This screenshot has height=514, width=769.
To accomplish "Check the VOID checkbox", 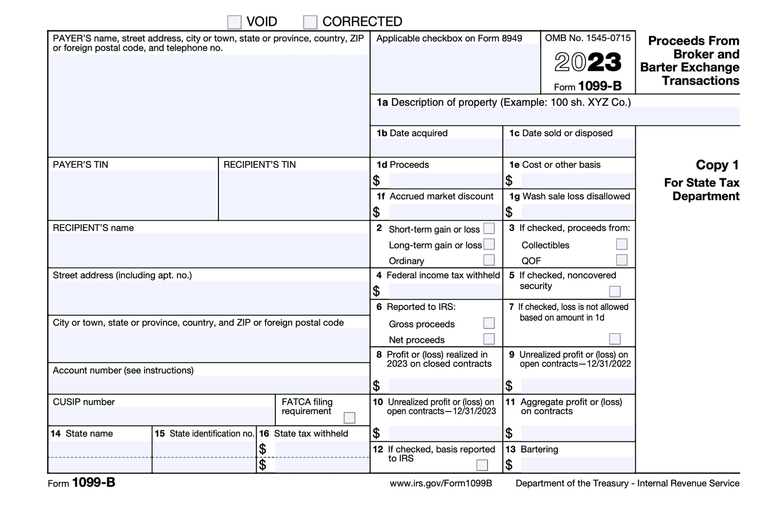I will point(234,22).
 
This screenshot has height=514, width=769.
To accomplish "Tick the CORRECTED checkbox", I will point(310,22).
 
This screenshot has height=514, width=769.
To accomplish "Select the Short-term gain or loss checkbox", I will point(489,229).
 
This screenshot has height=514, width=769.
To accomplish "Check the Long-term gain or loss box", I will point(489,244).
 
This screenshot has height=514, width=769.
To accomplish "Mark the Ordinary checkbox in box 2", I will point(489,260).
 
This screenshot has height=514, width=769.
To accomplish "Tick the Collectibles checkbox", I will point(622,244).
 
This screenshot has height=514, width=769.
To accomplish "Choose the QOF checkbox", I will point(622,260).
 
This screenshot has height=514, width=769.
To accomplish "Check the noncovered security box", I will point(615,292).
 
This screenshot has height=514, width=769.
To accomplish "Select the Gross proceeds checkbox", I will point(489,323).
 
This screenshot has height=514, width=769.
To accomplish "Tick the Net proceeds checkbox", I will point(489,339).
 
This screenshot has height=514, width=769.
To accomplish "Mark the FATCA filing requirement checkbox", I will point(350,418).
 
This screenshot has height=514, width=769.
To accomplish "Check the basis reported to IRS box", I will point(482,465).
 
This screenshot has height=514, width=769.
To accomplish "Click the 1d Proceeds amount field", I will point(444,181).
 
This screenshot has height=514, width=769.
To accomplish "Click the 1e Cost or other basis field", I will point(577,181).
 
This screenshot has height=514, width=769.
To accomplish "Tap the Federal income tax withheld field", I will point(444,292).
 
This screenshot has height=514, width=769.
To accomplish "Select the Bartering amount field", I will point(577,465).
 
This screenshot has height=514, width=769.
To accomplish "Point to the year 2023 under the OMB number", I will point(588,63).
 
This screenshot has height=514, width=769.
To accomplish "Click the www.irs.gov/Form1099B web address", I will point(440,483).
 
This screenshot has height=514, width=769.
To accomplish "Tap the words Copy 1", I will point(717,165).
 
